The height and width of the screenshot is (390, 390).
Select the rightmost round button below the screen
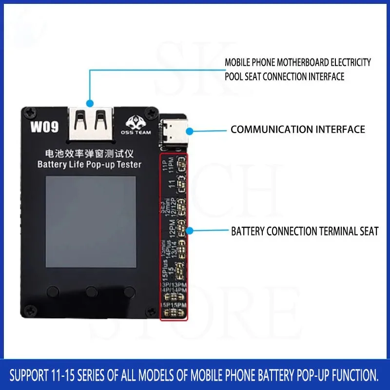[129, 291]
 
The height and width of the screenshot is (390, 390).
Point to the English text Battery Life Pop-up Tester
[89, 164]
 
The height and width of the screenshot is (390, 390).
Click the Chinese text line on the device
[89, 154]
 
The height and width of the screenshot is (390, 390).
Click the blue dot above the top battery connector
[90, 103]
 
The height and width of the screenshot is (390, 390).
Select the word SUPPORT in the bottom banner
[30, 375]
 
